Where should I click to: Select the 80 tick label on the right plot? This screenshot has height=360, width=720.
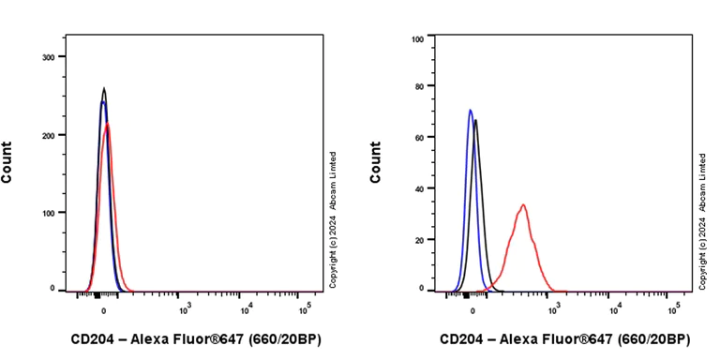pyautogui.click(x=419, y=85)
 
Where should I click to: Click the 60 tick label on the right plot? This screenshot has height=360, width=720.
pyautogui.click(x=419, y=137)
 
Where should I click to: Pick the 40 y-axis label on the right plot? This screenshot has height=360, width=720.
pyautogui.click(x=419, y=187)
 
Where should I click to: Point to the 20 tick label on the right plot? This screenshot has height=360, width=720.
pyautogui.click(x=419, y=239)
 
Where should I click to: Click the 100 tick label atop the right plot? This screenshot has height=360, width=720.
pyautogui.click(x=417, y=39)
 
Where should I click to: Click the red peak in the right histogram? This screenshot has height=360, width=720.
pyautogui.click(x=522, y=205)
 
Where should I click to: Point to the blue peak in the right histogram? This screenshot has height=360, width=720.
pyautogui.click(x=470, y=111)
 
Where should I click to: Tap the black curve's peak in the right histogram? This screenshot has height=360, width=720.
pyautogui.click(x=476, y=120)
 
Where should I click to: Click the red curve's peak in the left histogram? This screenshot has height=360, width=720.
pyautogui.click(x=108, y=124)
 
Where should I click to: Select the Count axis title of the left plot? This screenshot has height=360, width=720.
pyautogui.click(x=7, y=161)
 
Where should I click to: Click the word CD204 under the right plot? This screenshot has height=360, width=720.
pyautogui.click(x=463, y=338)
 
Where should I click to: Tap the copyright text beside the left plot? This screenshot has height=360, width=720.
pyautogui.click(x=333, y=219)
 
